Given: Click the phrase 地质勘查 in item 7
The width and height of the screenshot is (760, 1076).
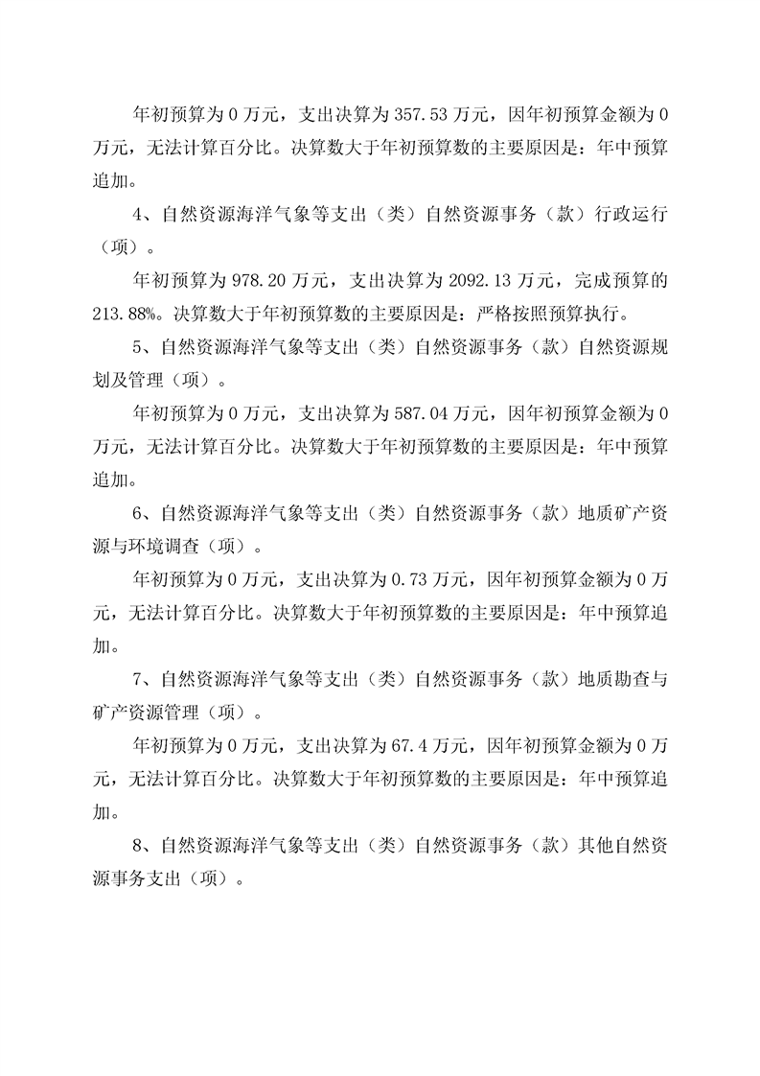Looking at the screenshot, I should [x=614, y=678].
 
